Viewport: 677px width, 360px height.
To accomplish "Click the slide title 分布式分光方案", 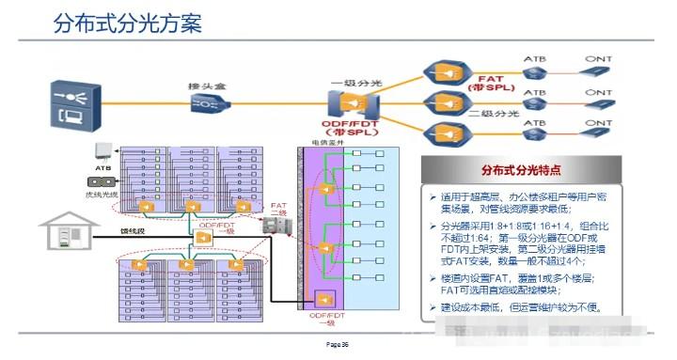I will pyautogui.click(x=128, y=23).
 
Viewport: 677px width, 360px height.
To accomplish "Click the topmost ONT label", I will pyautogui.click(x=597, y=58).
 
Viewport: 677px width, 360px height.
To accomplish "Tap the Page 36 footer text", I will pyautogui.click(x=337, y=345).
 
